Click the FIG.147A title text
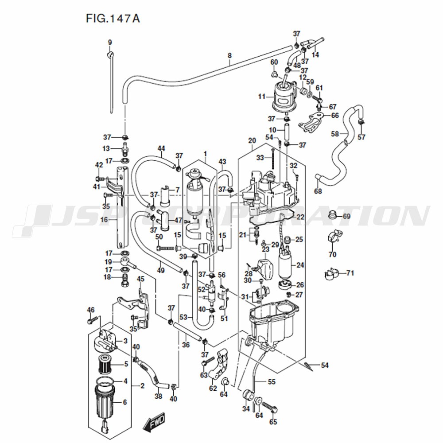coord(113,18)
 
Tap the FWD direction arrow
coord(154,422)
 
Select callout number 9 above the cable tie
coord(110,43)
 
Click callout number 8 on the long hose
coord(229,55)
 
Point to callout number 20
coord(252,140)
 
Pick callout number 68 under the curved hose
coord(318,191)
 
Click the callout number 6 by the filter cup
coord(125,402)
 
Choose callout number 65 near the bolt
coord(273,422)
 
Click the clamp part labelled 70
coord(335,236)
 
